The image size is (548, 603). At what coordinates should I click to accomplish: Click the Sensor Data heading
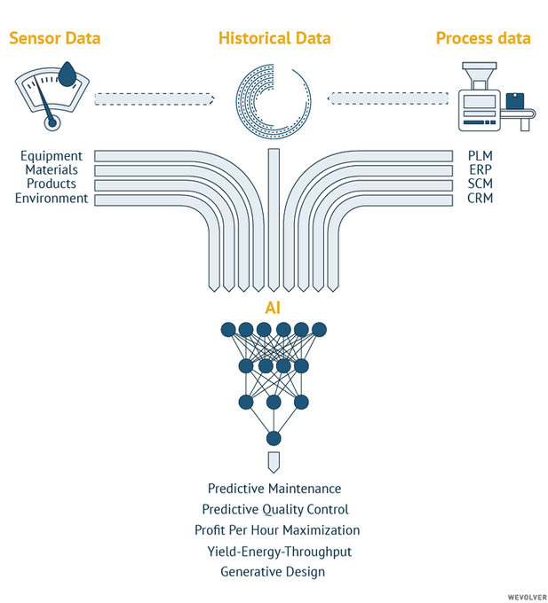point(54,38)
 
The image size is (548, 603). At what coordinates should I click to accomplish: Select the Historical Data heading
point(274,38)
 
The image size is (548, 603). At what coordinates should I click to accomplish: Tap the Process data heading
point(483,38)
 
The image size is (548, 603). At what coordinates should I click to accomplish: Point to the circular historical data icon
point(274,98)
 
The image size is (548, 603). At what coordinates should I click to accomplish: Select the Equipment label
point(52,157)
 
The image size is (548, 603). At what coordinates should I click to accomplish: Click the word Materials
point(52,170)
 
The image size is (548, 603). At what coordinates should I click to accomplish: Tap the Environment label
point(52,199)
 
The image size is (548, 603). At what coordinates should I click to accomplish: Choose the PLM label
point(480,157)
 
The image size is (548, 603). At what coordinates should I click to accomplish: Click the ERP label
point(480,170)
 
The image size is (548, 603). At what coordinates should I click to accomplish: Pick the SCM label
point(480,184)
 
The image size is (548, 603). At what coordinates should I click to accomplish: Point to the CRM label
point(480,199)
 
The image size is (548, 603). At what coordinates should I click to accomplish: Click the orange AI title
point(274,308)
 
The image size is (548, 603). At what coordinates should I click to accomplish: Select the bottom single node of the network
point(274,438)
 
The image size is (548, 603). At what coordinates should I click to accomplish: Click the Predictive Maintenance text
point(274,489)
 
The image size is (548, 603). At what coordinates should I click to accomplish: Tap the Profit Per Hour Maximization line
point(277,530)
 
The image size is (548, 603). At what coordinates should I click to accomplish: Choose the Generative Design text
point(273,572)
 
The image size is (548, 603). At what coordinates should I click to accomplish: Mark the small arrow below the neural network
point(274,462)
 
